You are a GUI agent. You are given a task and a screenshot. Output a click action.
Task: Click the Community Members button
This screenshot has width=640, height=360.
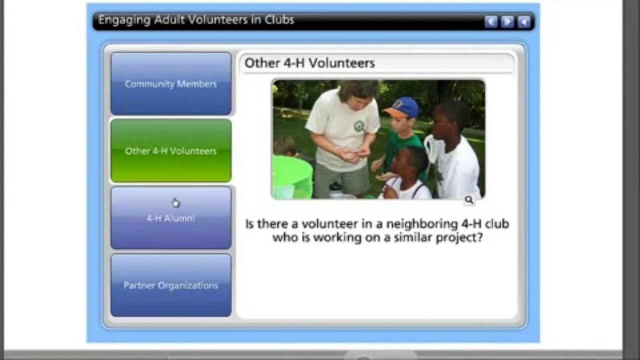click(x=171, y=84)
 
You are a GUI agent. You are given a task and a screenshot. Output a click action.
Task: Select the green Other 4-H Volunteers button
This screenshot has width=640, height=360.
click(x=171, y=151)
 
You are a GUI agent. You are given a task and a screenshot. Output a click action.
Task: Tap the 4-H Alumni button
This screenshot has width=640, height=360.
click(x=171, y=218)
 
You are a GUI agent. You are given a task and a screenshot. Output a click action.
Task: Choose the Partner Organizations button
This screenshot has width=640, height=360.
click(x=171, y=285)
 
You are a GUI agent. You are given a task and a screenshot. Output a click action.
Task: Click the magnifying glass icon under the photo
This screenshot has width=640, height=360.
click(x=469, y=200)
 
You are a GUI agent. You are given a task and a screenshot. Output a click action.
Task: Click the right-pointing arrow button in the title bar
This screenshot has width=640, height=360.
click(x=507, y=22)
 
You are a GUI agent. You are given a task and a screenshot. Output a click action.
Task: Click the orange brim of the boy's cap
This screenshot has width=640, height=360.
click(x=392, y=114)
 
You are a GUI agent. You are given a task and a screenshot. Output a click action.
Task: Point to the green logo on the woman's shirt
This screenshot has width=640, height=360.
click(x=359, y=126)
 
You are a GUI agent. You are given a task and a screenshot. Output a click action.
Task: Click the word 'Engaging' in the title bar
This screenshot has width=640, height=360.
click(x=117, y=20)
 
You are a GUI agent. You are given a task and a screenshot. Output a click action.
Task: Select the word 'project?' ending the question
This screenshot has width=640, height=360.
click(x=459, y=237)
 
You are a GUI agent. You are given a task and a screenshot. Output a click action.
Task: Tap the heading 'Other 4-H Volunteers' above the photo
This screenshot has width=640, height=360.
click(x=309, y=63)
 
